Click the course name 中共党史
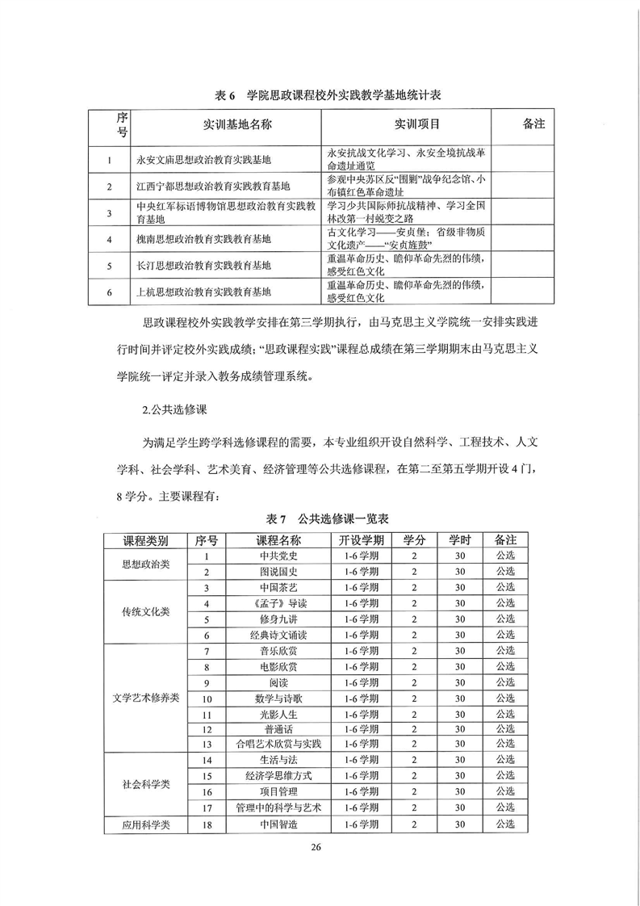(278, 556)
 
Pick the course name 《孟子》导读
(278, 603)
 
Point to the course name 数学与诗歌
(278, 698)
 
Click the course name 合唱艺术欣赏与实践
(278, 744)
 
